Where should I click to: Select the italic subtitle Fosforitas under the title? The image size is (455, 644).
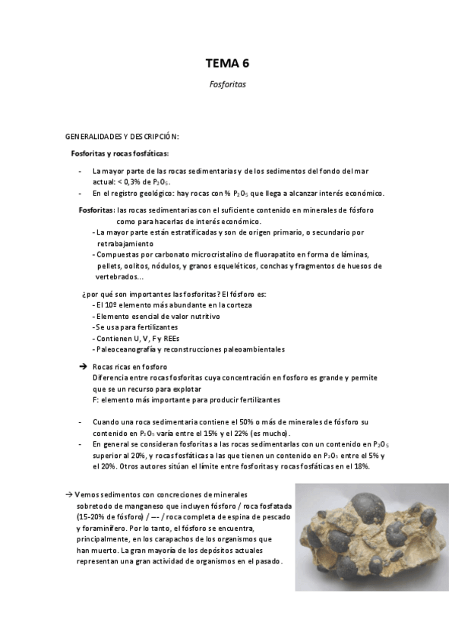227,85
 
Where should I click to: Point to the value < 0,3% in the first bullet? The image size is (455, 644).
131,182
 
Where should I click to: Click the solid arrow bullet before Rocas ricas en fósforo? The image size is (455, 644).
84,366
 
